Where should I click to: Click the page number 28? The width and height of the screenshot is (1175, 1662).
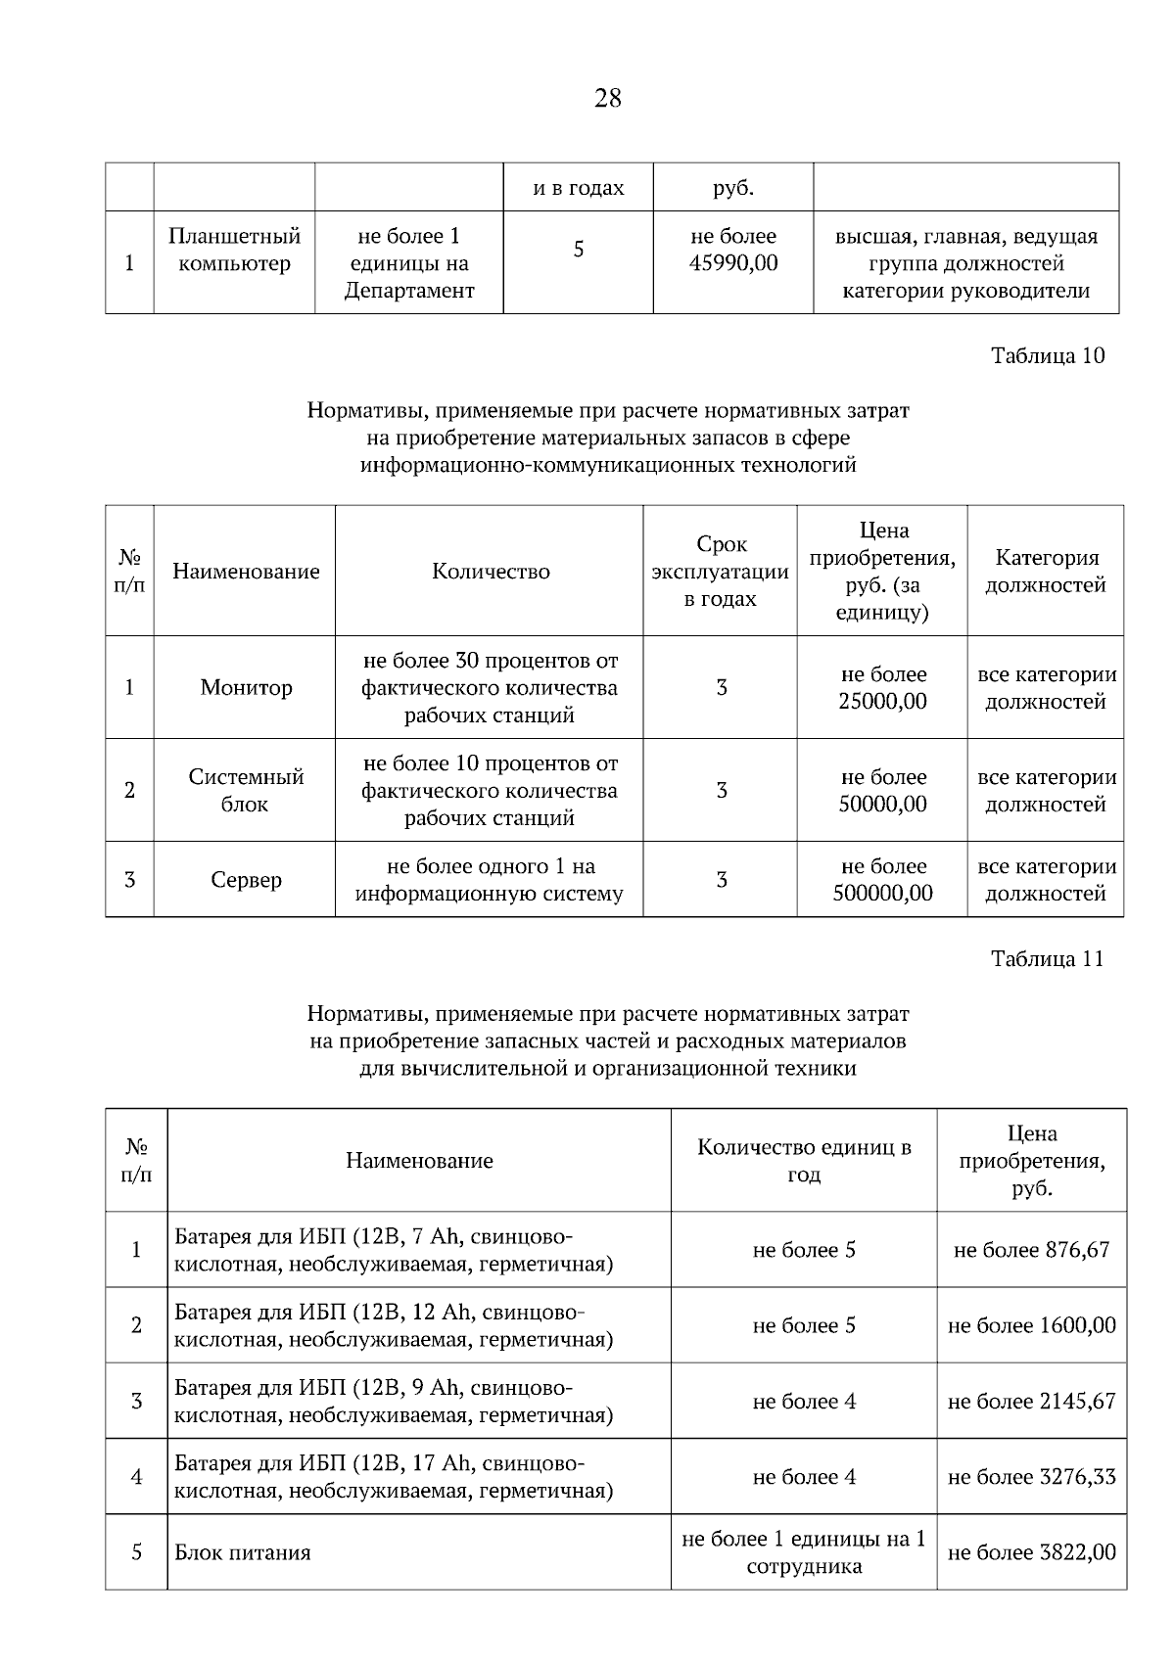coord(607,98)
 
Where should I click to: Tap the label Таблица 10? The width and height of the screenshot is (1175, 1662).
coord(1047,355)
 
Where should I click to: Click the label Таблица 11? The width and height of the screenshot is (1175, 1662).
coord(1047,958)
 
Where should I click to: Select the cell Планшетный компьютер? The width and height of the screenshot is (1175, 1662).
coord(234,251)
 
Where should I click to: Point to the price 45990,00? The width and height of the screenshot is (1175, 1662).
coord(733,263)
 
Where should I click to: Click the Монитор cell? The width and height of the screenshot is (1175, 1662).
coord(246,688)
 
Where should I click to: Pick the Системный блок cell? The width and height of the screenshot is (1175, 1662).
coord(246,791)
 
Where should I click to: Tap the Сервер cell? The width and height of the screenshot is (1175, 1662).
coord(246,880)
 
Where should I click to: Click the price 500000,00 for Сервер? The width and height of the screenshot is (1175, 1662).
coord(882,894)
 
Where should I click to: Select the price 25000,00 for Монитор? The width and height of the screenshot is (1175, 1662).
coord(882,702)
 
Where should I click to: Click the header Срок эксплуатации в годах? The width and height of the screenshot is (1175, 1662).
coord(720,572)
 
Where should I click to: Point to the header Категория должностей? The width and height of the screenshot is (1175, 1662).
coord(1045,572)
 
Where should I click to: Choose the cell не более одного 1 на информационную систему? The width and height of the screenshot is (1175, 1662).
coord(489,880)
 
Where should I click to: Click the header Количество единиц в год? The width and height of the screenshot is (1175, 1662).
coord(803,1161)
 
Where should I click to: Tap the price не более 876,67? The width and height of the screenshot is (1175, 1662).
coord(1031,1250)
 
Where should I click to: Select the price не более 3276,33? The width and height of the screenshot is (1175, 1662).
coord(1031,1477)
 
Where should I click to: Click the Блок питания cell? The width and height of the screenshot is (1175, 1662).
coord(243,1553)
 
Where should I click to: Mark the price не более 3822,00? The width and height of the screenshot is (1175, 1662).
coord(1031,1553)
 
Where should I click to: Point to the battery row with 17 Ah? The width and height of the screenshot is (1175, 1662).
coord(394,1477)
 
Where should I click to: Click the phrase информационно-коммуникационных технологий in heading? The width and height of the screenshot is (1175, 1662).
coord(607,466)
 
